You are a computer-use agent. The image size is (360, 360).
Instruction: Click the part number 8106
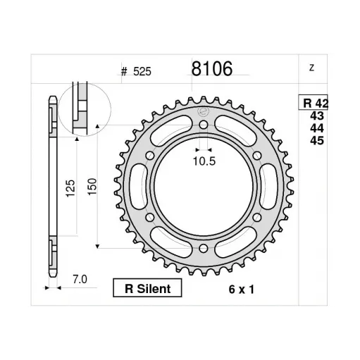(x=212, y=68)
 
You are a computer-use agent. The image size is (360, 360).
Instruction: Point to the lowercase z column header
(x=311, y=68)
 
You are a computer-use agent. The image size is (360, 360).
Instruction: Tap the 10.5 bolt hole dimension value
(x=204, y=160)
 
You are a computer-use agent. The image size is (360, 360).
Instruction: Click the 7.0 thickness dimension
(x=79, y=280)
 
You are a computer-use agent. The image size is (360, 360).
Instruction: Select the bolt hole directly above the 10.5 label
(x=204, y=126)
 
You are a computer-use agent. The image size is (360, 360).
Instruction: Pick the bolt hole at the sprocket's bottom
(x=204, y=249)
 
